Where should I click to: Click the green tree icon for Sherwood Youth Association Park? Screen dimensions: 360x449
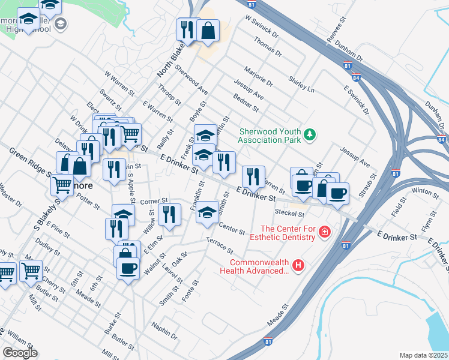tap(310, 134)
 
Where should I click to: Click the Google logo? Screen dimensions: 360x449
tap(20, 353)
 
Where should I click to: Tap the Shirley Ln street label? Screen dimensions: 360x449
tap(301, 84)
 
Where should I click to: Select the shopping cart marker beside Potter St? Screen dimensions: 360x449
tap(62, 185)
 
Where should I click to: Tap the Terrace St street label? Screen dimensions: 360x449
tap(218, 244)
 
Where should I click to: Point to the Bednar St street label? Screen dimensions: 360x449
tap(245, 103)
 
